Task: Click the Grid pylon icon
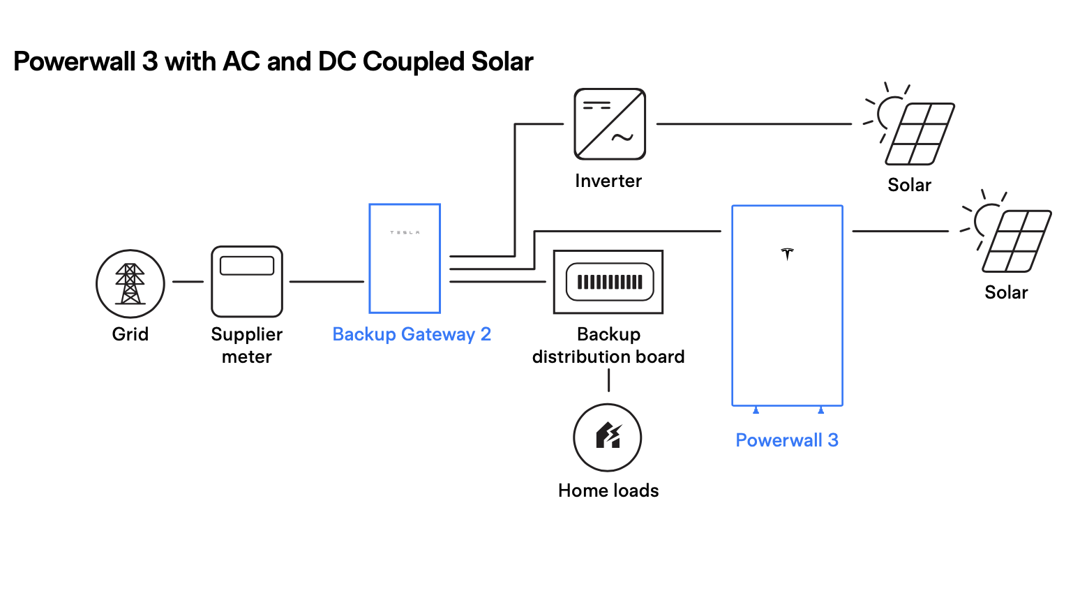point(130,283)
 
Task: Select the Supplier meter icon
point(247,282)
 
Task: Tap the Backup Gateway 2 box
point(405,259)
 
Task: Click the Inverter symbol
point(610,124)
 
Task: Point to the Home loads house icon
point(608,437)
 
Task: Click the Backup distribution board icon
point(608,282)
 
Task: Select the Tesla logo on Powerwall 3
point(788,253)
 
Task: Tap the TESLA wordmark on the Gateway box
point(405,232)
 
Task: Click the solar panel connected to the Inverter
point(920,133)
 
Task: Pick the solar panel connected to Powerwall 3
point(1016,241)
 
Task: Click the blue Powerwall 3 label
point(787,440)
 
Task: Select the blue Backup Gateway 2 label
point(412,334)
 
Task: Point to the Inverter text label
point(608,181)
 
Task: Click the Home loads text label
point(608,490)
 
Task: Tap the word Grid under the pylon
point(130,334)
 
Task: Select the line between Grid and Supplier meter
point(188,282)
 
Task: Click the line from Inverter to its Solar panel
point(753,124)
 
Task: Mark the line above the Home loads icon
point(608,380)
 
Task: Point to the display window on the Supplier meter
point(247,266)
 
